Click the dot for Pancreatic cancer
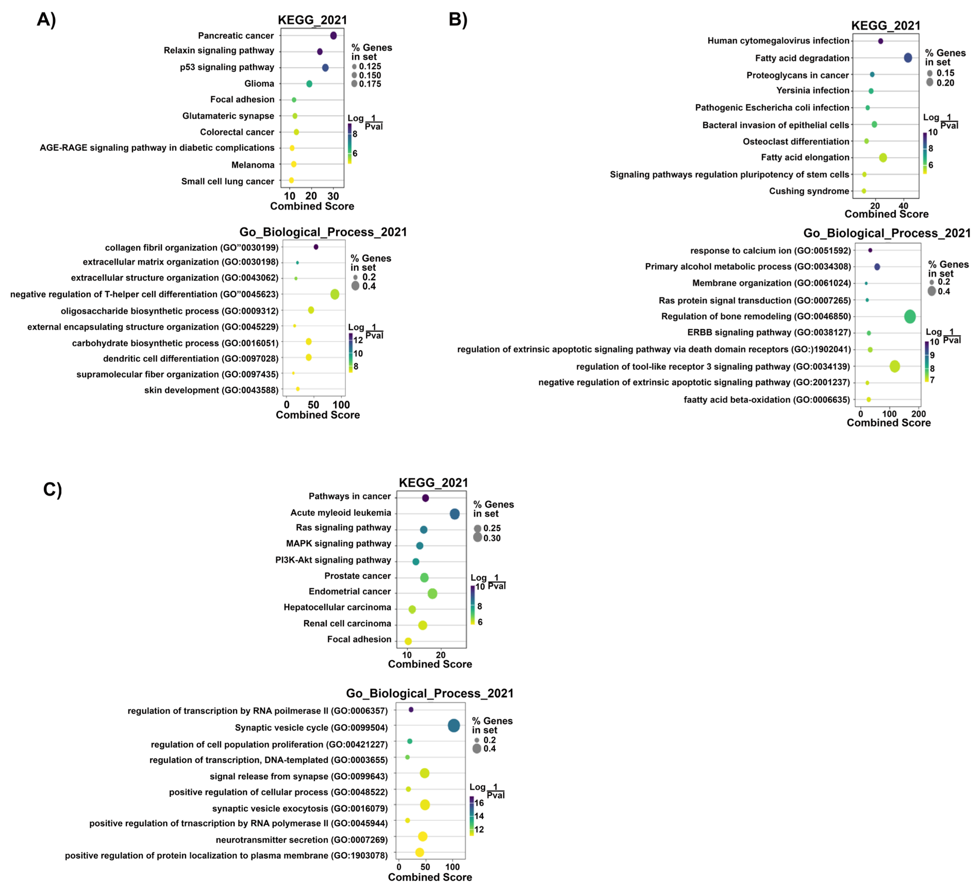pos(333,36)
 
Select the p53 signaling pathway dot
pos(325,68)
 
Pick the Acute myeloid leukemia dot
pos(454,514)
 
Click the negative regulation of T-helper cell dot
pos(335,294)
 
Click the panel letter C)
pos(52,489)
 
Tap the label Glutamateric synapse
pos(228,116)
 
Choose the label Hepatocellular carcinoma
pos(337,607)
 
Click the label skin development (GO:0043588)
pos(211,390)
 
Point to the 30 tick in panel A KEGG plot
pos(333,196)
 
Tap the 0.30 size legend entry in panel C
pos(492,538)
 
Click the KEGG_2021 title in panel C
pos(433,482)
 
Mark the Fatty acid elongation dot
pos(883,158)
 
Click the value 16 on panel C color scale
pos(479,803)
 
